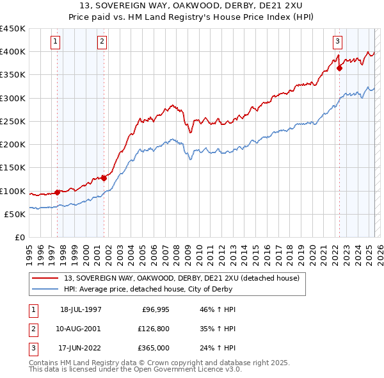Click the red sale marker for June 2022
pyautogui.click(x=339, y=69)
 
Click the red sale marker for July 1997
pyautogui.click(x=58, y=192)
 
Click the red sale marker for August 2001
pyautogui.click(x=104, y=178)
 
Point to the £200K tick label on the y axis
pyautogui.click(x=13, y=145)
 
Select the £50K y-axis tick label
pyautogui.click(x=15, y=215)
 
